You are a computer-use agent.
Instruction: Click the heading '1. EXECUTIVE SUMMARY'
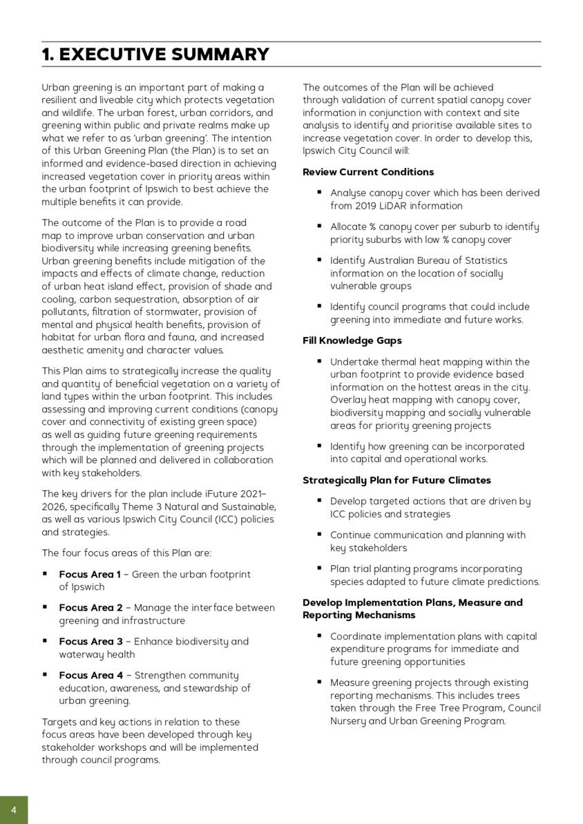155,55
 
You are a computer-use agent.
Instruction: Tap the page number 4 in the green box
14,809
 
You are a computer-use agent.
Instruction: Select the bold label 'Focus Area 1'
90,574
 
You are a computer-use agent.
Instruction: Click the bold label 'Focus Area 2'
90,608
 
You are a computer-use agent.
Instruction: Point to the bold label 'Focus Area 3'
90,642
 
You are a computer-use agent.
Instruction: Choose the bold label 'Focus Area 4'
90,676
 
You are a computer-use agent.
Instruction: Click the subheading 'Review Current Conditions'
368,172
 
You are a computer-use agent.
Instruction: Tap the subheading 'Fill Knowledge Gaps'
352,341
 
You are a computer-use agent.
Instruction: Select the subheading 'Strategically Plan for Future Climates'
396,480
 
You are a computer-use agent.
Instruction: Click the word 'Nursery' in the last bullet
349,721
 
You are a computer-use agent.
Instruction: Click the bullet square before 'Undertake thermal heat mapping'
320,361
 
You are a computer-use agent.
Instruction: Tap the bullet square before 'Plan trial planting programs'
320,568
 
